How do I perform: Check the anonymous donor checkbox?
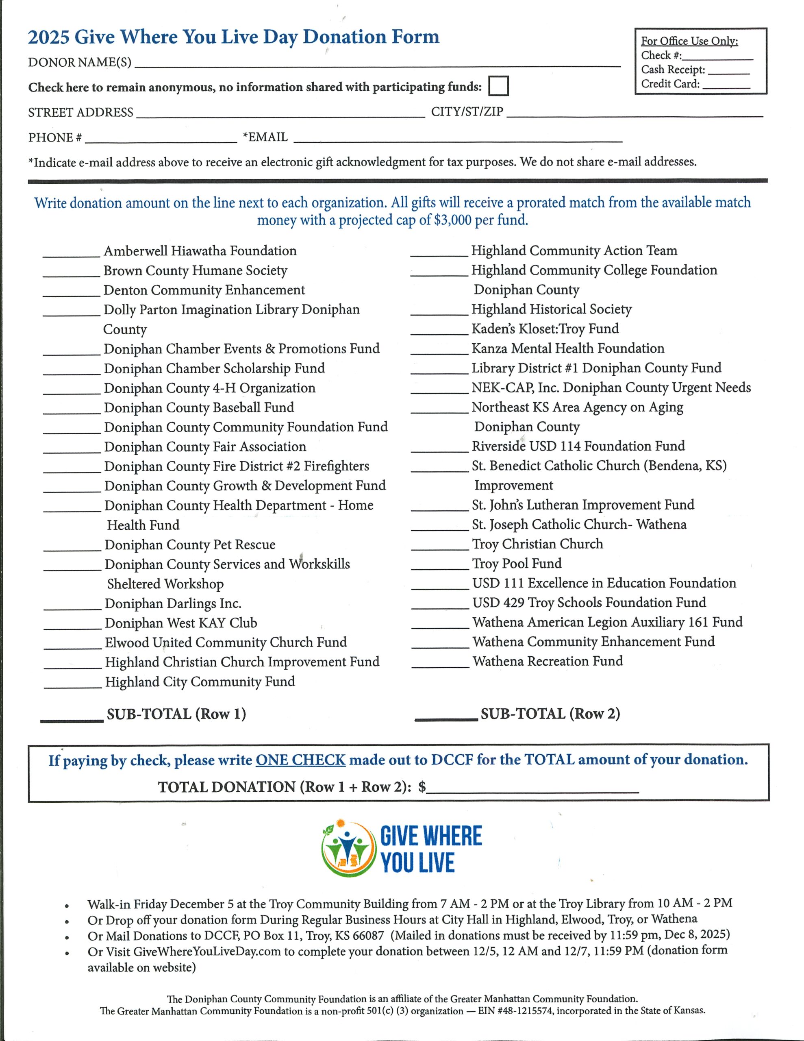[x=498, y=86]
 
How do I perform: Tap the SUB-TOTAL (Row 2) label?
[x=550, y=714]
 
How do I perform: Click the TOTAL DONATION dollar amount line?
[x=532, y=789]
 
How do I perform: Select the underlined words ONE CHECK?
[x=300, y=760]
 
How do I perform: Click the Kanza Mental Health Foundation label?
[x=567, y=348]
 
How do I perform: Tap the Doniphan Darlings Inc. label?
[x=173, y=603]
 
